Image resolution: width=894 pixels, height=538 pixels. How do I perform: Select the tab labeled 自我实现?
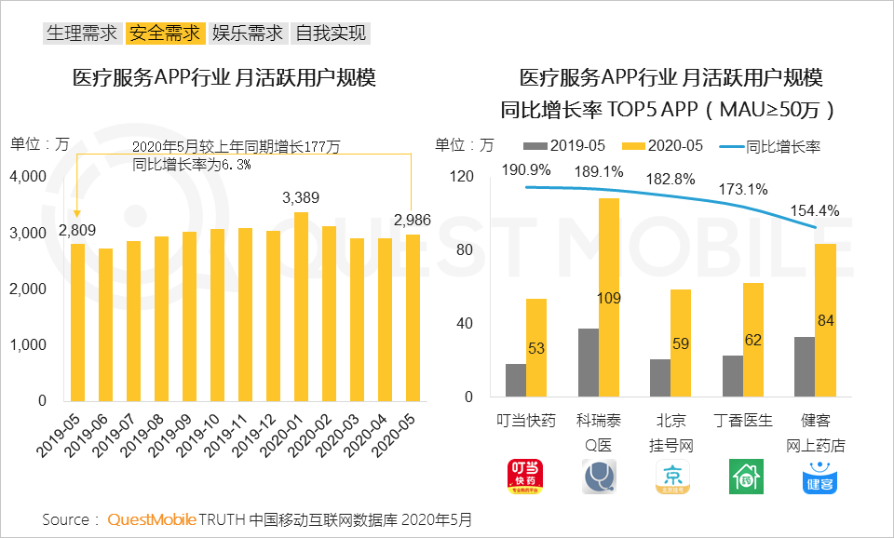click(x=331, y=34)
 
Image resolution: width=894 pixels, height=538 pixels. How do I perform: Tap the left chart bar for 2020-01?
click(x=302, y=307)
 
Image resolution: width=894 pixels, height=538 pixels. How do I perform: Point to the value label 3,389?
click(x=301, y=197)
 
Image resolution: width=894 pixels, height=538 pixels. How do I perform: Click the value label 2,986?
click(x=413, y=220)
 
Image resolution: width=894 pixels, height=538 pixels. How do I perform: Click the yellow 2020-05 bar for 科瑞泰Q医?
click(x=608, y=299)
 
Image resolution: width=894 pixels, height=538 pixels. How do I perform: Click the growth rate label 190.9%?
click(x=525, y=170)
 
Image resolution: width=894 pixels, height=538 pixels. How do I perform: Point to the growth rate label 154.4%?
click(x=815, y=211)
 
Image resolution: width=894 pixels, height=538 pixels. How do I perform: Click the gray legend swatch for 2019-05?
click(x=535, y=146)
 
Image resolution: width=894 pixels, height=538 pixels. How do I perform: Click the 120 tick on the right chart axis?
click(x=462, y=177)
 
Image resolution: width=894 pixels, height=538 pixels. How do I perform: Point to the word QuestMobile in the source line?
click(x=151, y=519)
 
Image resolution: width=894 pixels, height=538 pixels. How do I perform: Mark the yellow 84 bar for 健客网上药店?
click(x=824, y=321)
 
